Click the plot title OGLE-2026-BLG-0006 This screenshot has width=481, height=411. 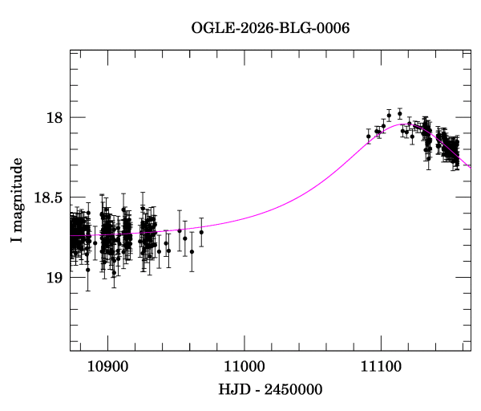pyautogui.click(x=270, y=28)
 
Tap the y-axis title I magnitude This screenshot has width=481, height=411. pyautogui.click(x=17, y=200)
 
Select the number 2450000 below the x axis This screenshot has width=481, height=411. pyautogui.click(x=293, y=389)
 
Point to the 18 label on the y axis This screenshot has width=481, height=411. pyautogui.click(x=55, y=118)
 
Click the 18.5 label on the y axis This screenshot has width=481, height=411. pyautogui.click(x=48, y=197)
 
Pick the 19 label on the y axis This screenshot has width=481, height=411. pyautogui.click(x=55, y=278)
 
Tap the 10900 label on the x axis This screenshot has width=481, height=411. pyautogui.click(x=108, y=367)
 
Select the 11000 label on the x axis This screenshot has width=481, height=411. pyautogui.click(x=245, y=367)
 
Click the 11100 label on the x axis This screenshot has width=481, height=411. pyautogui.click(x=381, y=367)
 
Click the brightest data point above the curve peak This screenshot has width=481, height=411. pyautogui.click(x=400, y=114)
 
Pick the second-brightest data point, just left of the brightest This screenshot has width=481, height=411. pyautogui.click(x=389, y=116)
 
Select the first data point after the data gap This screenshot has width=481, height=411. pyautogui.click(x=369, y=136)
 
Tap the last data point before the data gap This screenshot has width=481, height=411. pyautogui.click(x=201, y=232)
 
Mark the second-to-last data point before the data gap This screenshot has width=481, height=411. pyautogui.click(x=192, y=251)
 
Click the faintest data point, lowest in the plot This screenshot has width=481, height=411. pyautogui.click(x=114, y=272)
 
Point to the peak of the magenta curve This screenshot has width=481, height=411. pyautogui.click(x=402, y=124)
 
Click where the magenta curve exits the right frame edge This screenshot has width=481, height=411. pyautogui.click(x=471, y=168)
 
